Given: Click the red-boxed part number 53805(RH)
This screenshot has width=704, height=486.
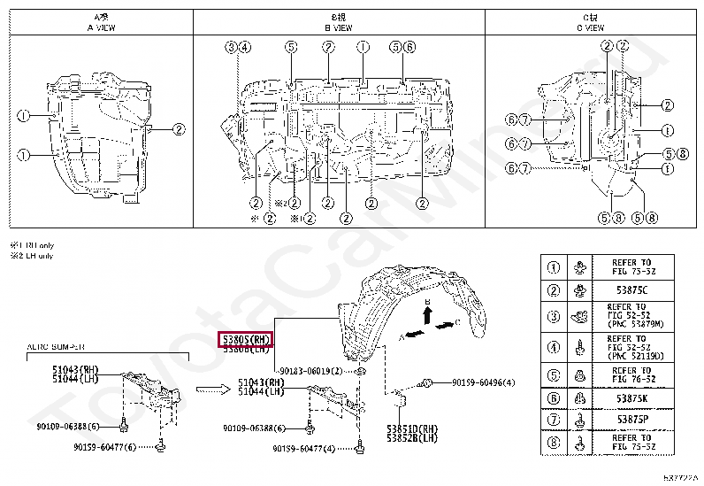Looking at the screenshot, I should point(245,339).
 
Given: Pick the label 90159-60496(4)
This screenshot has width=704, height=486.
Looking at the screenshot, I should point(483,382).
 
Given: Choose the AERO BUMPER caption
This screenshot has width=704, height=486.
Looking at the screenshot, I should point(57,348).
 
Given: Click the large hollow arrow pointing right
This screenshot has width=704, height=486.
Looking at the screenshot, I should point(212,388).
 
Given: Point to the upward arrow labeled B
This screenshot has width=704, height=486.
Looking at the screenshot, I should point(426,314).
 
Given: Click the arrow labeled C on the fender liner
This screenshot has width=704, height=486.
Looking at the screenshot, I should point(448,325).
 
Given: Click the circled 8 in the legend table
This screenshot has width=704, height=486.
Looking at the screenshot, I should point(555,441).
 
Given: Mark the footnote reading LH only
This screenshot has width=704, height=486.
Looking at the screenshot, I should point(32,256).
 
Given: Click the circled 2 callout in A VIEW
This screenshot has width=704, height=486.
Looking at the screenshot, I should point(178,129).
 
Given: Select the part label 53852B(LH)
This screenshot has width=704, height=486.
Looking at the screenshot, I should point(411,438).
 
